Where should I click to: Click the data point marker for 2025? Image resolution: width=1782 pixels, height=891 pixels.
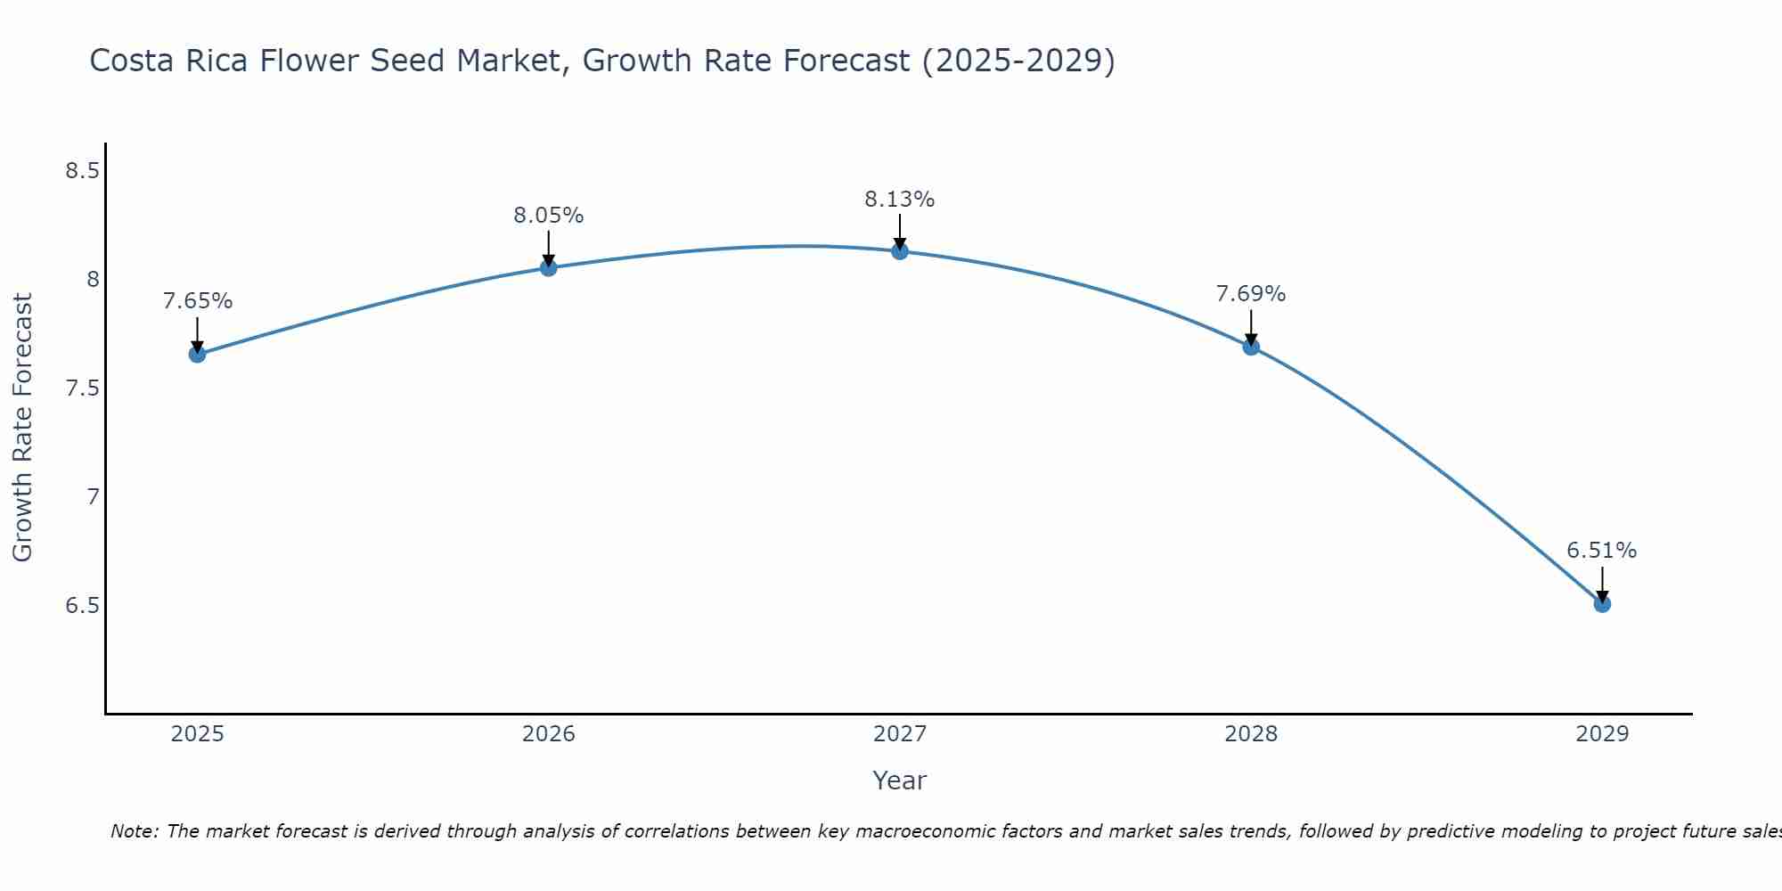(197, 355)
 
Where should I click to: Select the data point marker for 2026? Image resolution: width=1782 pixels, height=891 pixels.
(549, 267)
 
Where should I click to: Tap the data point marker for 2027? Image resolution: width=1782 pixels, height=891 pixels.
(900, 251)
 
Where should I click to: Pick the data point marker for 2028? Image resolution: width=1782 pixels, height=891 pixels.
(1251, 347)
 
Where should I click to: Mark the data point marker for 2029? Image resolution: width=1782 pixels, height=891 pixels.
(1602, 604)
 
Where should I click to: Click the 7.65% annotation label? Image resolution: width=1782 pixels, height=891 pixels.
(197, 301)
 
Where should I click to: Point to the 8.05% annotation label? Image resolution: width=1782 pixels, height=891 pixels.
(548, 216)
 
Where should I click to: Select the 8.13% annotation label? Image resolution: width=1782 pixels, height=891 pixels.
(899, 200)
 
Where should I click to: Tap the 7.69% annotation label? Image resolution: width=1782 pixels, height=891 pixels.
(1250, 294)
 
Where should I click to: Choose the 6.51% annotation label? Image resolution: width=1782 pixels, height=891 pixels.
(1601, 551)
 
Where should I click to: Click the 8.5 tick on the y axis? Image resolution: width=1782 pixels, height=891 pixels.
(82, 171)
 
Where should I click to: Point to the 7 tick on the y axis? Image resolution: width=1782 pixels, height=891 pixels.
(93, 497)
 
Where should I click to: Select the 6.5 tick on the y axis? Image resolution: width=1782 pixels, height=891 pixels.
(82, 606)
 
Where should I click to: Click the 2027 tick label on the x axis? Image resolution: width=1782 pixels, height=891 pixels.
(900, 734)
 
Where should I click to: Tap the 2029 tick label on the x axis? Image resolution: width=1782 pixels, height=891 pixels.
(1602, 734)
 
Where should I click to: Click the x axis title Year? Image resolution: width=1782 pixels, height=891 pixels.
(899, 781)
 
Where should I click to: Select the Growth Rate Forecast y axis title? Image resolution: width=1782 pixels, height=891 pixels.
(22, 428)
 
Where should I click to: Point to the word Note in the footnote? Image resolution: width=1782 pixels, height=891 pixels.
(134, 831)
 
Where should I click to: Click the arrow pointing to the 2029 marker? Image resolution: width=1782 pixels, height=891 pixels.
(1602, 584)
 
